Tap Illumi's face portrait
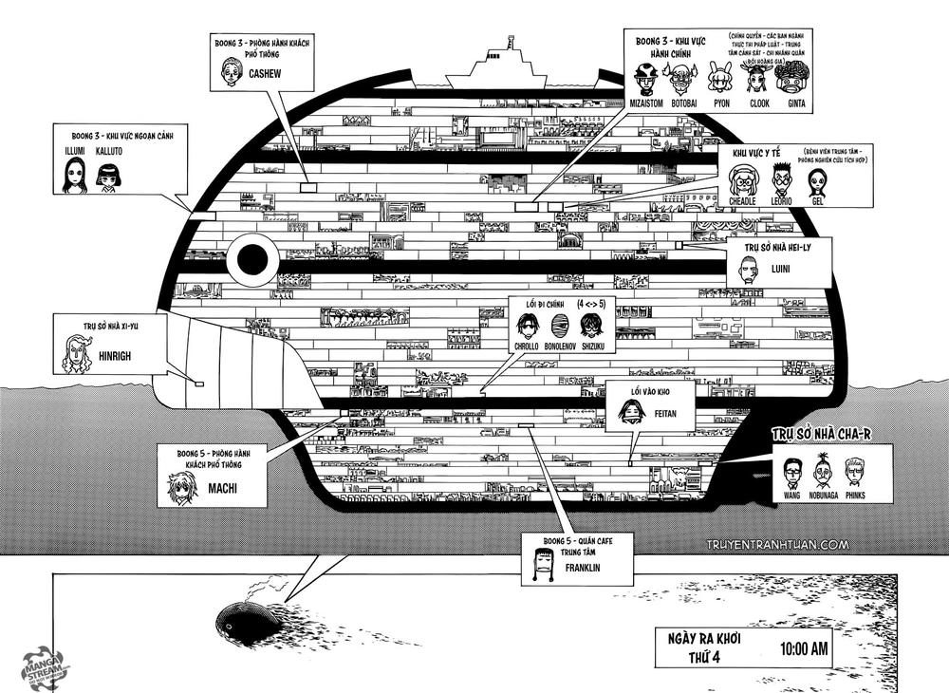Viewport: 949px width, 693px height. coord(74,176)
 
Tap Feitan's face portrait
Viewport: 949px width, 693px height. coord(629,411)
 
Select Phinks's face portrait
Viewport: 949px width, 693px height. coord(857,473)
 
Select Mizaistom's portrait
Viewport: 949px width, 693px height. coord(648,79)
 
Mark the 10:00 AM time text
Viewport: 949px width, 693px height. coord(805,650)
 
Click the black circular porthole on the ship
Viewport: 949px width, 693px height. coord(253,257)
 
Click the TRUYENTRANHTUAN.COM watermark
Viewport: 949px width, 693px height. coord(776,545)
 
